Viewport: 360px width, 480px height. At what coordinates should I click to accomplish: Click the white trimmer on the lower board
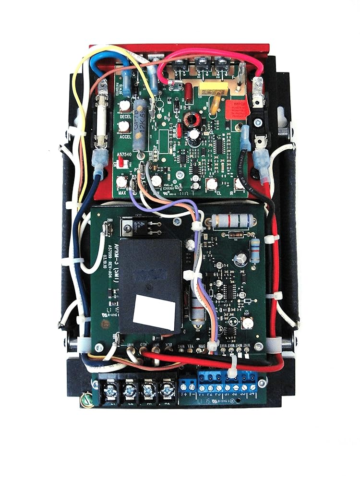pos(248,323)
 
